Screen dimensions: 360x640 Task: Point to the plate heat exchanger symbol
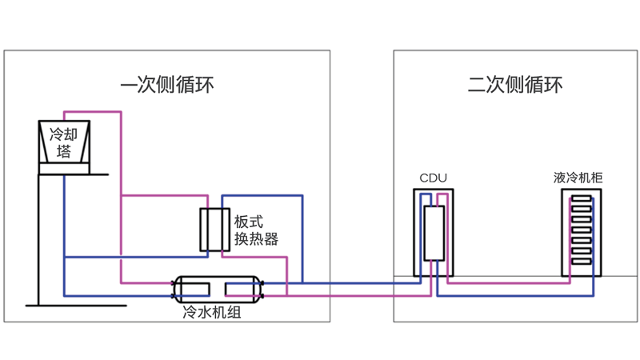214,230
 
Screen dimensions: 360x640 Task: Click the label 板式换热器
256,230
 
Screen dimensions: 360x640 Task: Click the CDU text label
433,178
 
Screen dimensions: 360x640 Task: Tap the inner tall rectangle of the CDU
433,233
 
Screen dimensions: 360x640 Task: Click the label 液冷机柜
578,177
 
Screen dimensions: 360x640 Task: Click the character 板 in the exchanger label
242,220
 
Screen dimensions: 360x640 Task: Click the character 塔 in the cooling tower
64,151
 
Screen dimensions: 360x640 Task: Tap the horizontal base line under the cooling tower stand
55,305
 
